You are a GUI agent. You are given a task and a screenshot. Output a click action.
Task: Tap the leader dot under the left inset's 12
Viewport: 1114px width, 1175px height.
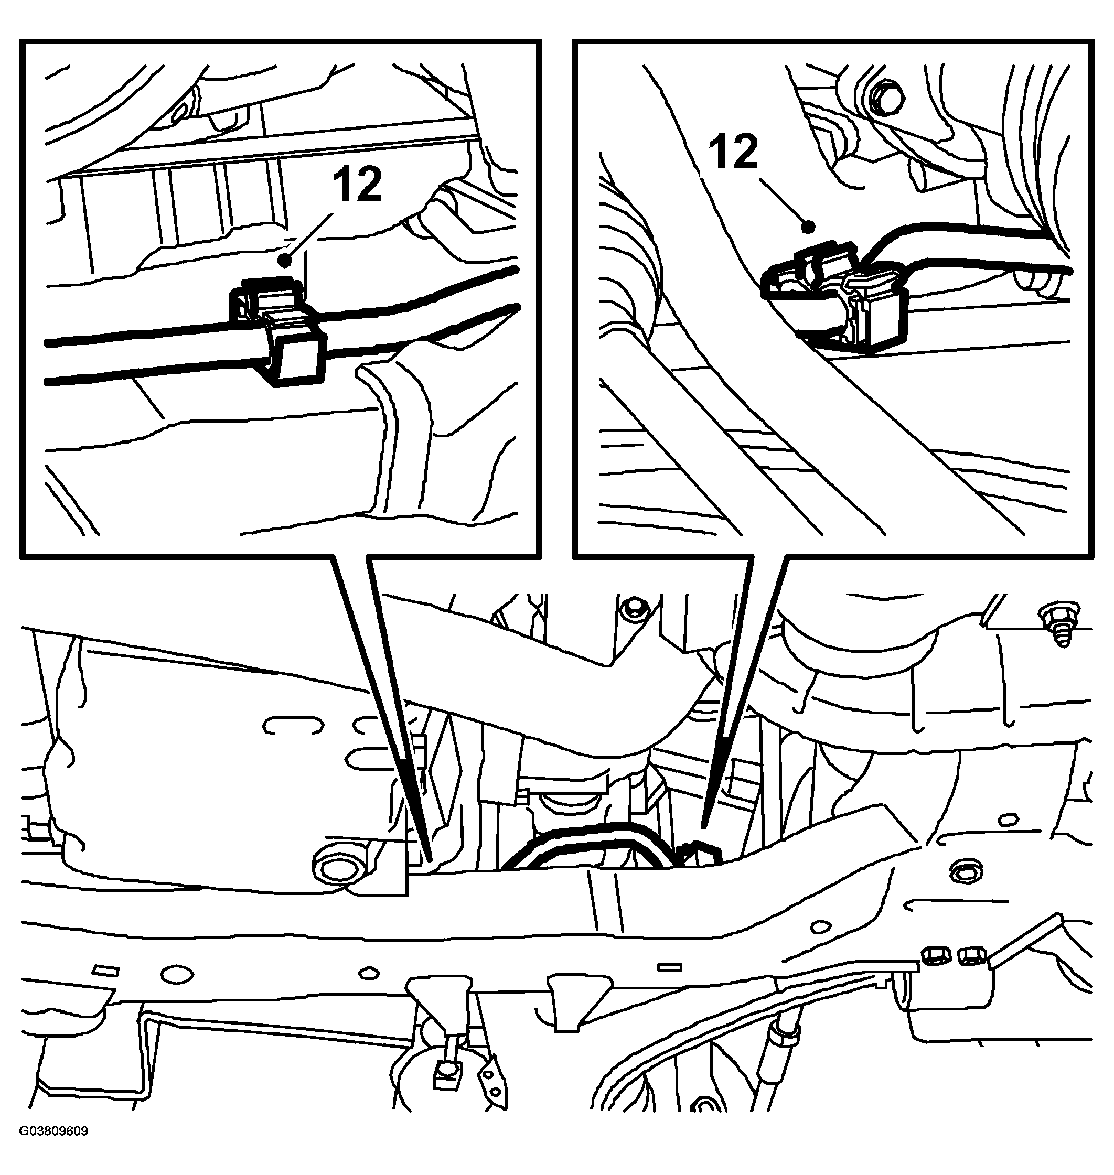coord(288,260)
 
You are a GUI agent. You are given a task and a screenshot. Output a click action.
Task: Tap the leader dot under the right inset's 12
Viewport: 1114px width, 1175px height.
coord(807,226)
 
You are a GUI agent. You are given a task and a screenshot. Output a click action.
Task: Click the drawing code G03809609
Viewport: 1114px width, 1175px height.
coord(53,1148)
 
